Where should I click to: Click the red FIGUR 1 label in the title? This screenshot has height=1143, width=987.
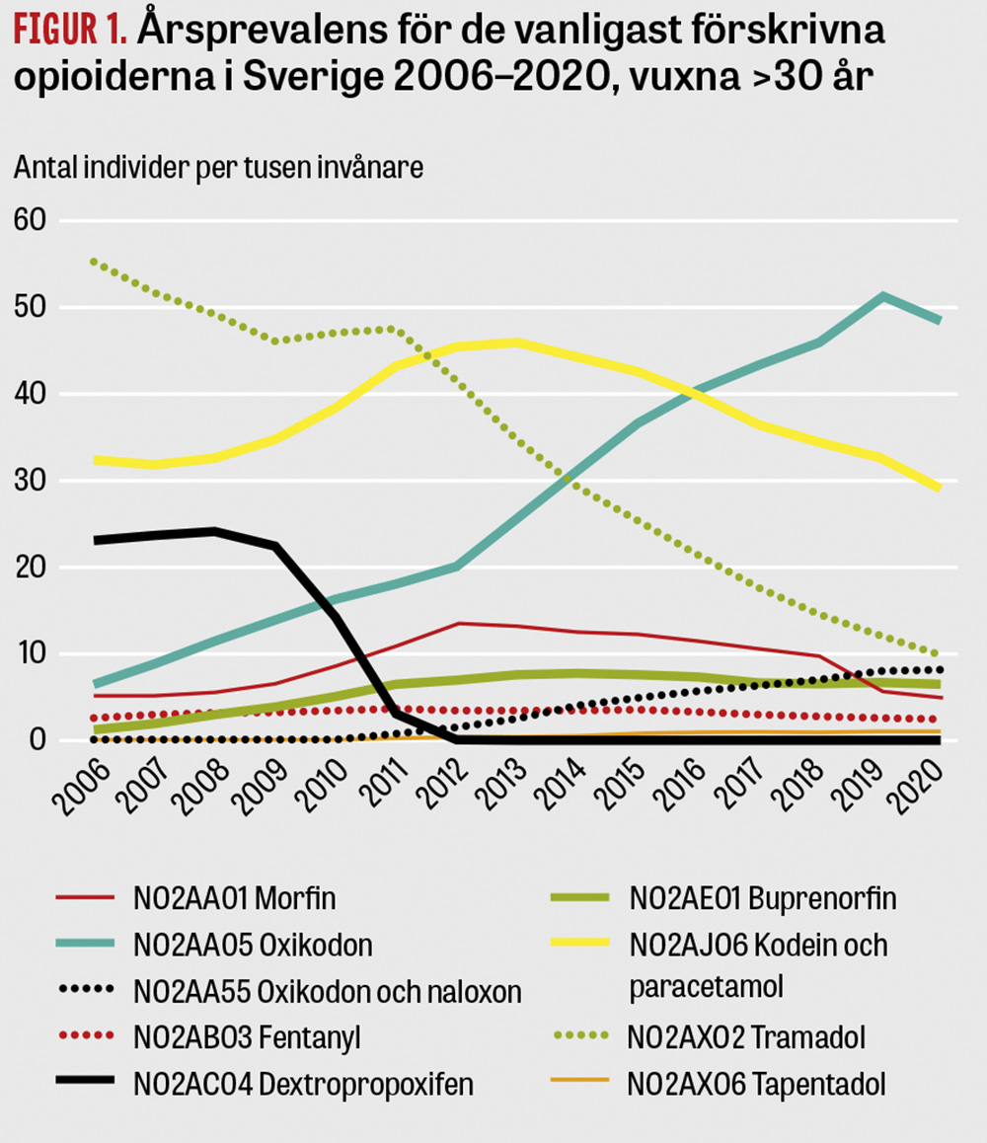pyautogui.click(x=68, y=32)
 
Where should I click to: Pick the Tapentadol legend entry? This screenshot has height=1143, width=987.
pyautogui.click(x=756, y=1084)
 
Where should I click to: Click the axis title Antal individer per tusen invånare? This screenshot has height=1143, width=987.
pyautogui.click(x=218, y=167)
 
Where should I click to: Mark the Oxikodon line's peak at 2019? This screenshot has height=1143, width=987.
pyautogui.click(x=882, y=295)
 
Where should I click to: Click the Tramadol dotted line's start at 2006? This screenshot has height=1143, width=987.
pyautogui.click(x=95, y=262)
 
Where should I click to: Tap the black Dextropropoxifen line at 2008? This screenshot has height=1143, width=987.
pyautogui.click(x=215, y=531)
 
